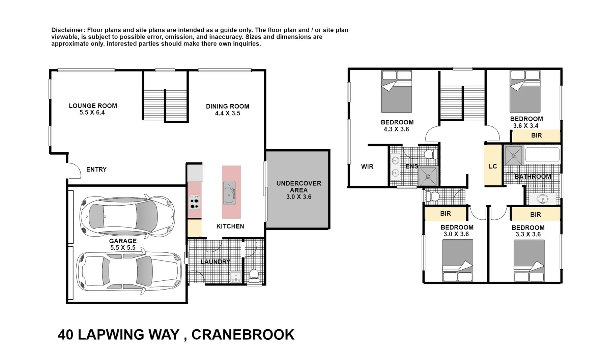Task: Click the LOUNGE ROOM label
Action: pos(93,105)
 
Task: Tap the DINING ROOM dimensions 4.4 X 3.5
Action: pos(228,113)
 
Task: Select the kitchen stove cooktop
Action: pos(194,202)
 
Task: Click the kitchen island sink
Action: pos(229,193)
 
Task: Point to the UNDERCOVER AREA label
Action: pos(298,186)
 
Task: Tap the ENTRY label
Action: pos(96,170)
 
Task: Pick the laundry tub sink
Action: pos(236,277)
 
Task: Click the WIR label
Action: pos(367,166)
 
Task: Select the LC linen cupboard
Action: pos(493,166)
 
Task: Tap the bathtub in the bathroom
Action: pos(542,155)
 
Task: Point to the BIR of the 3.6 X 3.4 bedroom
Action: pos(536,135)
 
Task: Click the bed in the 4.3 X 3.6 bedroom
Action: pos(396,92)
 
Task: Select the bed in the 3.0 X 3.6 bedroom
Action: pos(457,260)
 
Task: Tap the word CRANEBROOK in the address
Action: pos(243,335)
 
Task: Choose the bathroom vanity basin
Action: pos(542,199)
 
